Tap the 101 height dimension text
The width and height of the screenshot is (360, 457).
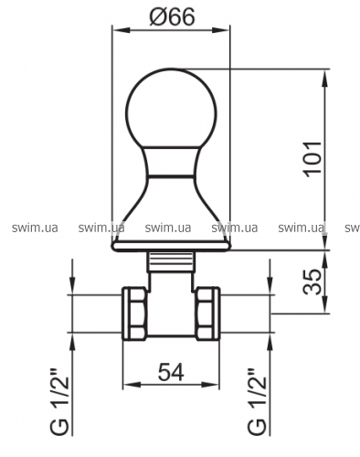click(312, 159)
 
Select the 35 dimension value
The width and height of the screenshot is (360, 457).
click(312, 282)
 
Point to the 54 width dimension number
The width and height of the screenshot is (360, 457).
click(171, 372)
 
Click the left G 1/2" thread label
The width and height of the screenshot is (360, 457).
click(58, 402)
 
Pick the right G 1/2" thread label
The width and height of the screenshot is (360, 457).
click(257, 402)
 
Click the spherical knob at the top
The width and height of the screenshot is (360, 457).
click(172, 109)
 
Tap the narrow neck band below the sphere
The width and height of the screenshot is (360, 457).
click(171, 162)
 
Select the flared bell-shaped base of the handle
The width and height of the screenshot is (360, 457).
click(171, 209)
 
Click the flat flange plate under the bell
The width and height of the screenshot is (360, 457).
click(171, 247)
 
